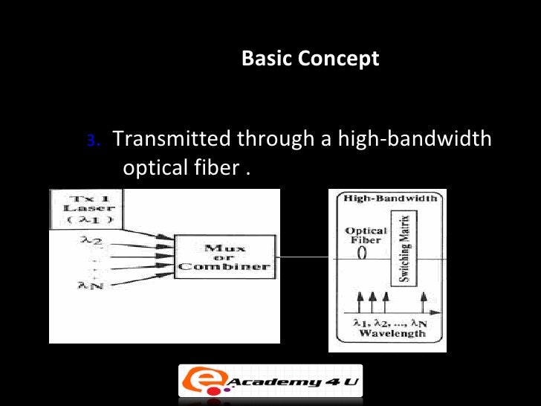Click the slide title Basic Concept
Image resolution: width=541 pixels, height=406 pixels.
click(310, 59)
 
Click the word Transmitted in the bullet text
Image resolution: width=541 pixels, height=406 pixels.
click(170, 139)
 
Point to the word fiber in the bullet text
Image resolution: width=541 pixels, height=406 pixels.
click(216, 168)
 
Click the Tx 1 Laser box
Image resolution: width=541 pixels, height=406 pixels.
click(85, 209)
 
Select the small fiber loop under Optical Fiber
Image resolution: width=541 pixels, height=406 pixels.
click(363, 252)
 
